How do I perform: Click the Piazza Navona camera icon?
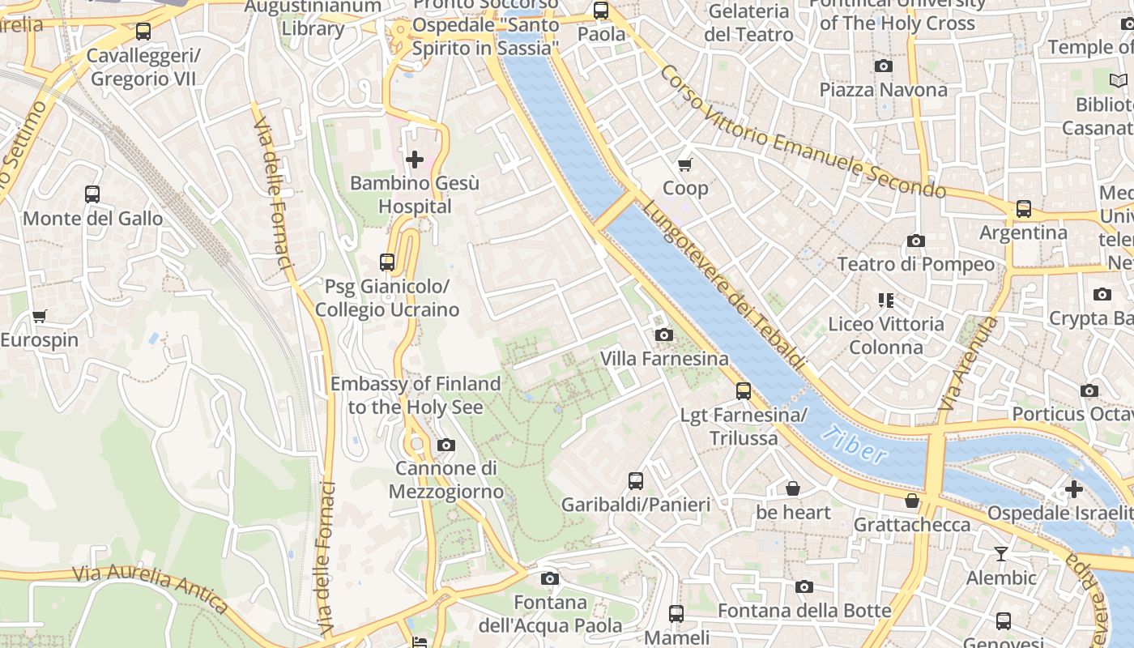[883, 66]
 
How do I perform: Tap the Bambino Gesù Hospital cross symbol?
[414, 160]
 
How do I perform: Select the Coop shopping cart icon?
[684, 165]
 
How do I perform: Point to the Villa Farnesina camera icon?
[663, 335]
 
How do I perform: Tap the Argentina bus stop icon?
[1023, 209]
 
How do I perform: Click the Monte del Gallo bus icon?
[92, 194]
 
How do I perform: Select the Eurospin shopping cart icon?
[39, 316]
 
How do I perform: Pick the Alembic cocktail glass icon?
[1001, 554]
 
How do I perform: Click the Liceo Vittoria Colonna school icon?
[885, 301]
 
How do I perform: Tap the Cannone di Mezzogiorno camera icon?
[446, 445]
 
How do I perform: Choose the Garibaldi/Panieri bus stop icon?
[636, 480]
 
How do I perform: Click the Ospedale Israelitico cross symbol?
[1073, 489]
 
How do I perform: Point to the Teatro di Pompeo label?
[915, 264]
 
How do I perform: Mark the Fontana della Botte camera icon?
[804, 586]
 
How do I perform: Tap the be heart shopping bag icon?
[793, 488]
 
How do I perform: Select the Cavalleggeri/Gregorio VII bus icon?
[143, 32]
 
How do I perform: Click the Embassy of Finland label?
[415, 395]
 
